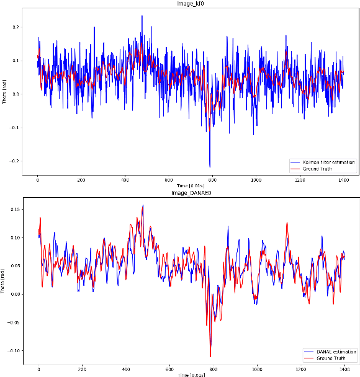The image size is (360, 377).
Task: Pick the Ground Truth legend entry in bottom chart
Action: (324, 358)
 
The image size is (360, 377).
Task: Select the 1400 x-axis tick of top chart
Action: (344, 180)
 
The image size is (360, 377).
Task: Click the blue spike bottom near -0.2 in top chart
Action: (209, 166)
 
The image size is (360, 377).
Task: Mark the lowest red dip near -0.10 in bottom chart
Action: (210, 357)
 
